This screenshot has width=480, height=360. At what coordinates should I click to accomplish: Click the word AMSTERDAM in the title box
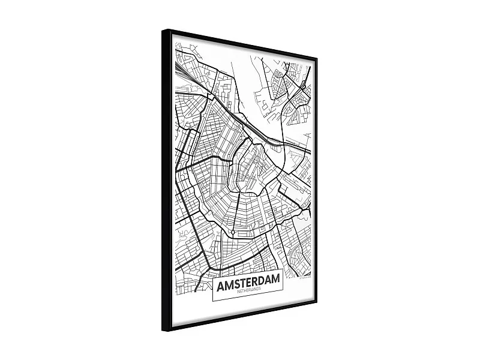pyautogui.click(x=248, y=281)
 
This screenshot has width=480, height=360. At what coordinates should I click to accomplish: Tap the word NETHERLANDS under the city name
pyautogui.click(x=250, y=290)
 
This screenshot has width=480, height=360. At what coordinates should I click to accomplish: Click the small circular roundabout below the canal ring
pyautogui.click(x=232, y=232)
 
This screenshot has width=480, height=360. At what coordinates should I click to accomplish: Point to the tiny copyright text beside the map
pyautogui.click(x=305, y=277)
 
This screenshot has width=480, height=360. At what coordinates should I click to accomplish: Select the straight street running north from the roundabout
pyautogui.click(x=235, y=210)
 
